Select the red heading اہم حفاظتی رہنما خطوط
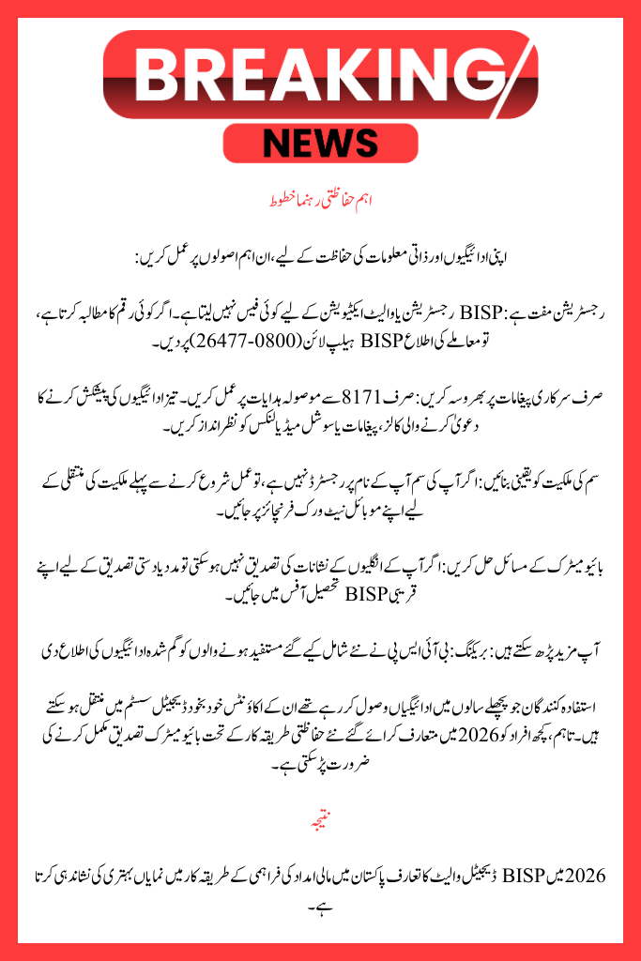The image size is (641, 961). pyautogui.click(x=320, y=201)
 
